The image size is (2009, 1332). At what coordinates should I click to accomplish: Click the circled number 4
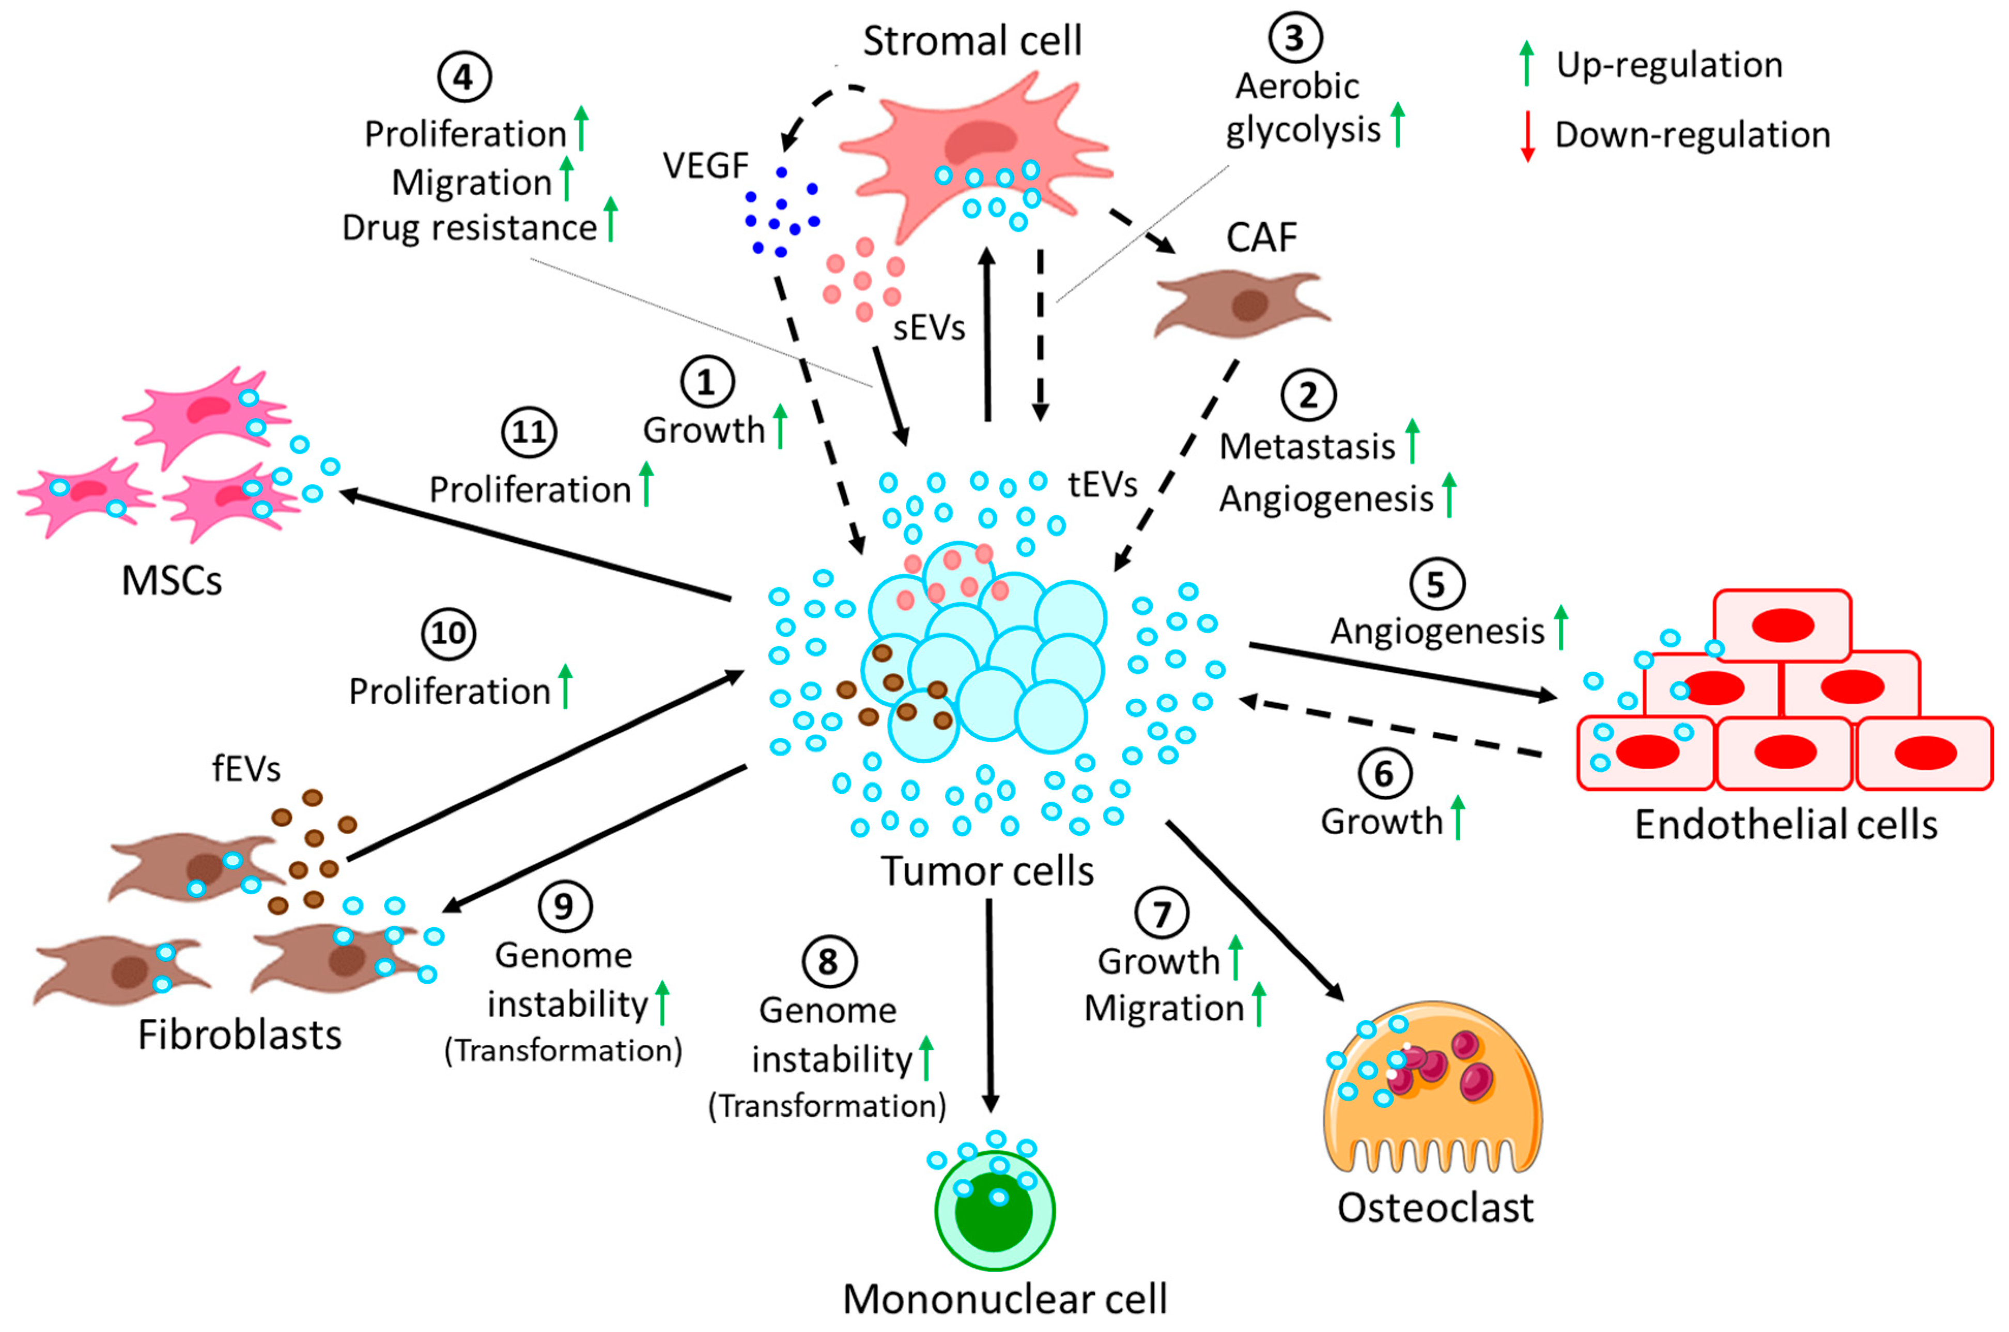coord(464,77)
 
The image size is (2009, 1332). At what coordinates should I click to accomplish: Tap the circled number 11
coord(529,432)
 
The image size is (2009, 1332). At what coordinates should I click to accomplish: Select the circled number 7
coord(1161,913)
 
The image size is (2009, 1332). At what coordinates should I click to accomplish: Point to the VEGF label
coord(705,166)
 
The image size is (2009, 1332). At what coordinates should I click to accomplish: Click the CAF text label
coord(1261,238)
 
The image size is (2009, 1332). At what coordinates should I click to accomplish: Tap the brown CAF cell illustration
coord(1241,304)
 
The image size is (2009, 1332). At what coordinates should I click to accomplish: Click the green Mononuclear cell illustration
coord(994,1211)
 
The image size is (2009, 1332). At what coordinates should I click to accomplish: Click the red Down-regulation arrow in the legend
coord(1527,136)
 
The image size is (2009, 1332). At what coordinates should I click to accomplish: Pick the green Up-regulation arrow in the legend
coord(1526,64)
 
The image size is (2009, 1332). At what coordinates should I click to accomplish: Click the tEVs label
coord(1102,485)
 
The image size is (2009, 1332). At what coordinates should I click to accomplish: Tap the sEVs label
coord(929,328)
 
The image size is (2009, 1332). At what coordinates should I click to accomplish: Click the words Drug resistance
coord(470,228)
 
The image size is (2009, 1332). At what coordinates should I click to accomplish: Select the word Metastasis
coord(1307,447)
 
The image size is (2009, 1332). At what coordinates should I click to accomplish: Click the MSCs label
coord(172,581)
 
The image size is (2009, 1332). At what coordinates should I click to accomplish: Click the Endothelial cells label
coord(1785,825)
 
